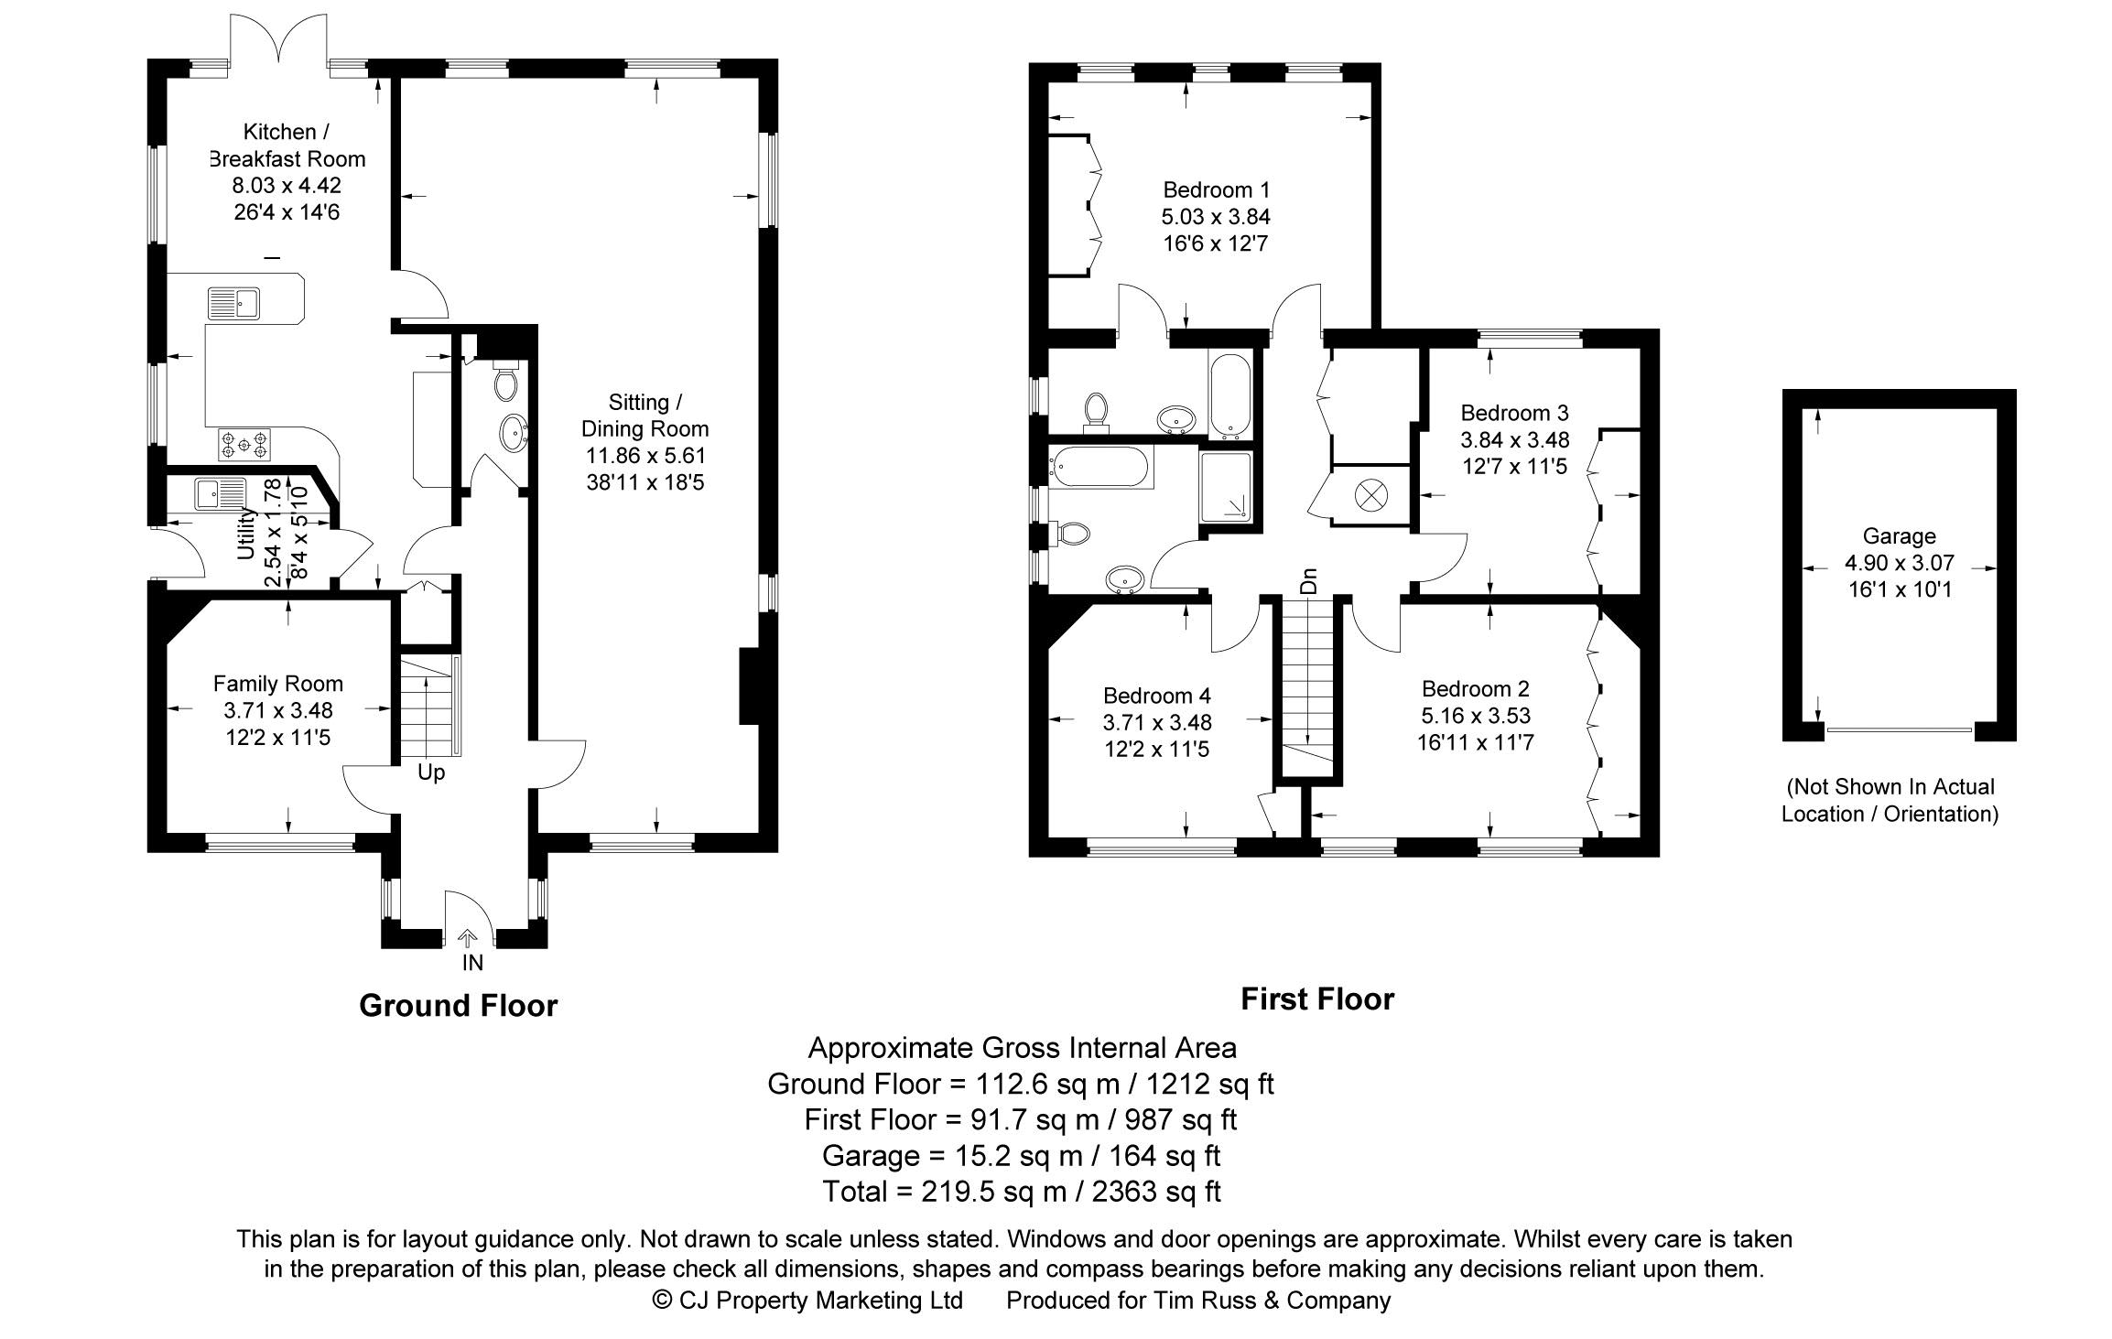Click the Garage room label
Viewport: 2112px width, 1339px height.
click(x=1899, y=536)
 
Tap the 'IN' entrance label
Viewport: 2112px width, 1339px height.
click(x=472, y=963)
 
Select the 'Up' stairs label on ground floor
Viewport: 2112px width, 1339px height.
click(x=431, y=772)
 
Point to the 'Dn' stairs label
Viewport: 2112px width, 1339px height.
click(x=1310, y=580)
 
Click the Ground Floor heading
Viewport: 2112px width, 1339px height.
click(x=458, y=1006)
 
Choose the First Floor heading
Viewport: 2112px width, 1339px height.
click(x=1316, y=999)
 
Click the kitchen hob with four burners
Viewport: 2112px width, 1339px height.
click(x=244, y=445)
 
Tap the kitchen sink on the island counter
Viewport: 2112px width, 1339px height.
click(x=234, y=303)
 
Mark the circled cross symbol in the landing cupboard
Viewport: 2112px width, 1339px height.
click(x=1370, y=495)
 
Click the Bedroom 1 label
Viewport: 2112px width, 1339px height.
click(x=1216, y=190)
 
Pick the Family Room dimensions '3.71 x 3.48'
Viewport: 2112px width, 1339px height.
click(x=278, y=710)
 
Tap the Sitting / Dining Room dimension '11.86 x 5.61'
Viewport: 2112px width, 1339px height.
click(x=645, y=456)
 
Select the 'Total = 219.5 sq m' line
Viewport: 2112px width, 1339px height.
click(x=1021, y=1192)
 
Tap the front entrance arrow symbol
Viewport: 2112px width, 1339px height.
click(x=468, y=938)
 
